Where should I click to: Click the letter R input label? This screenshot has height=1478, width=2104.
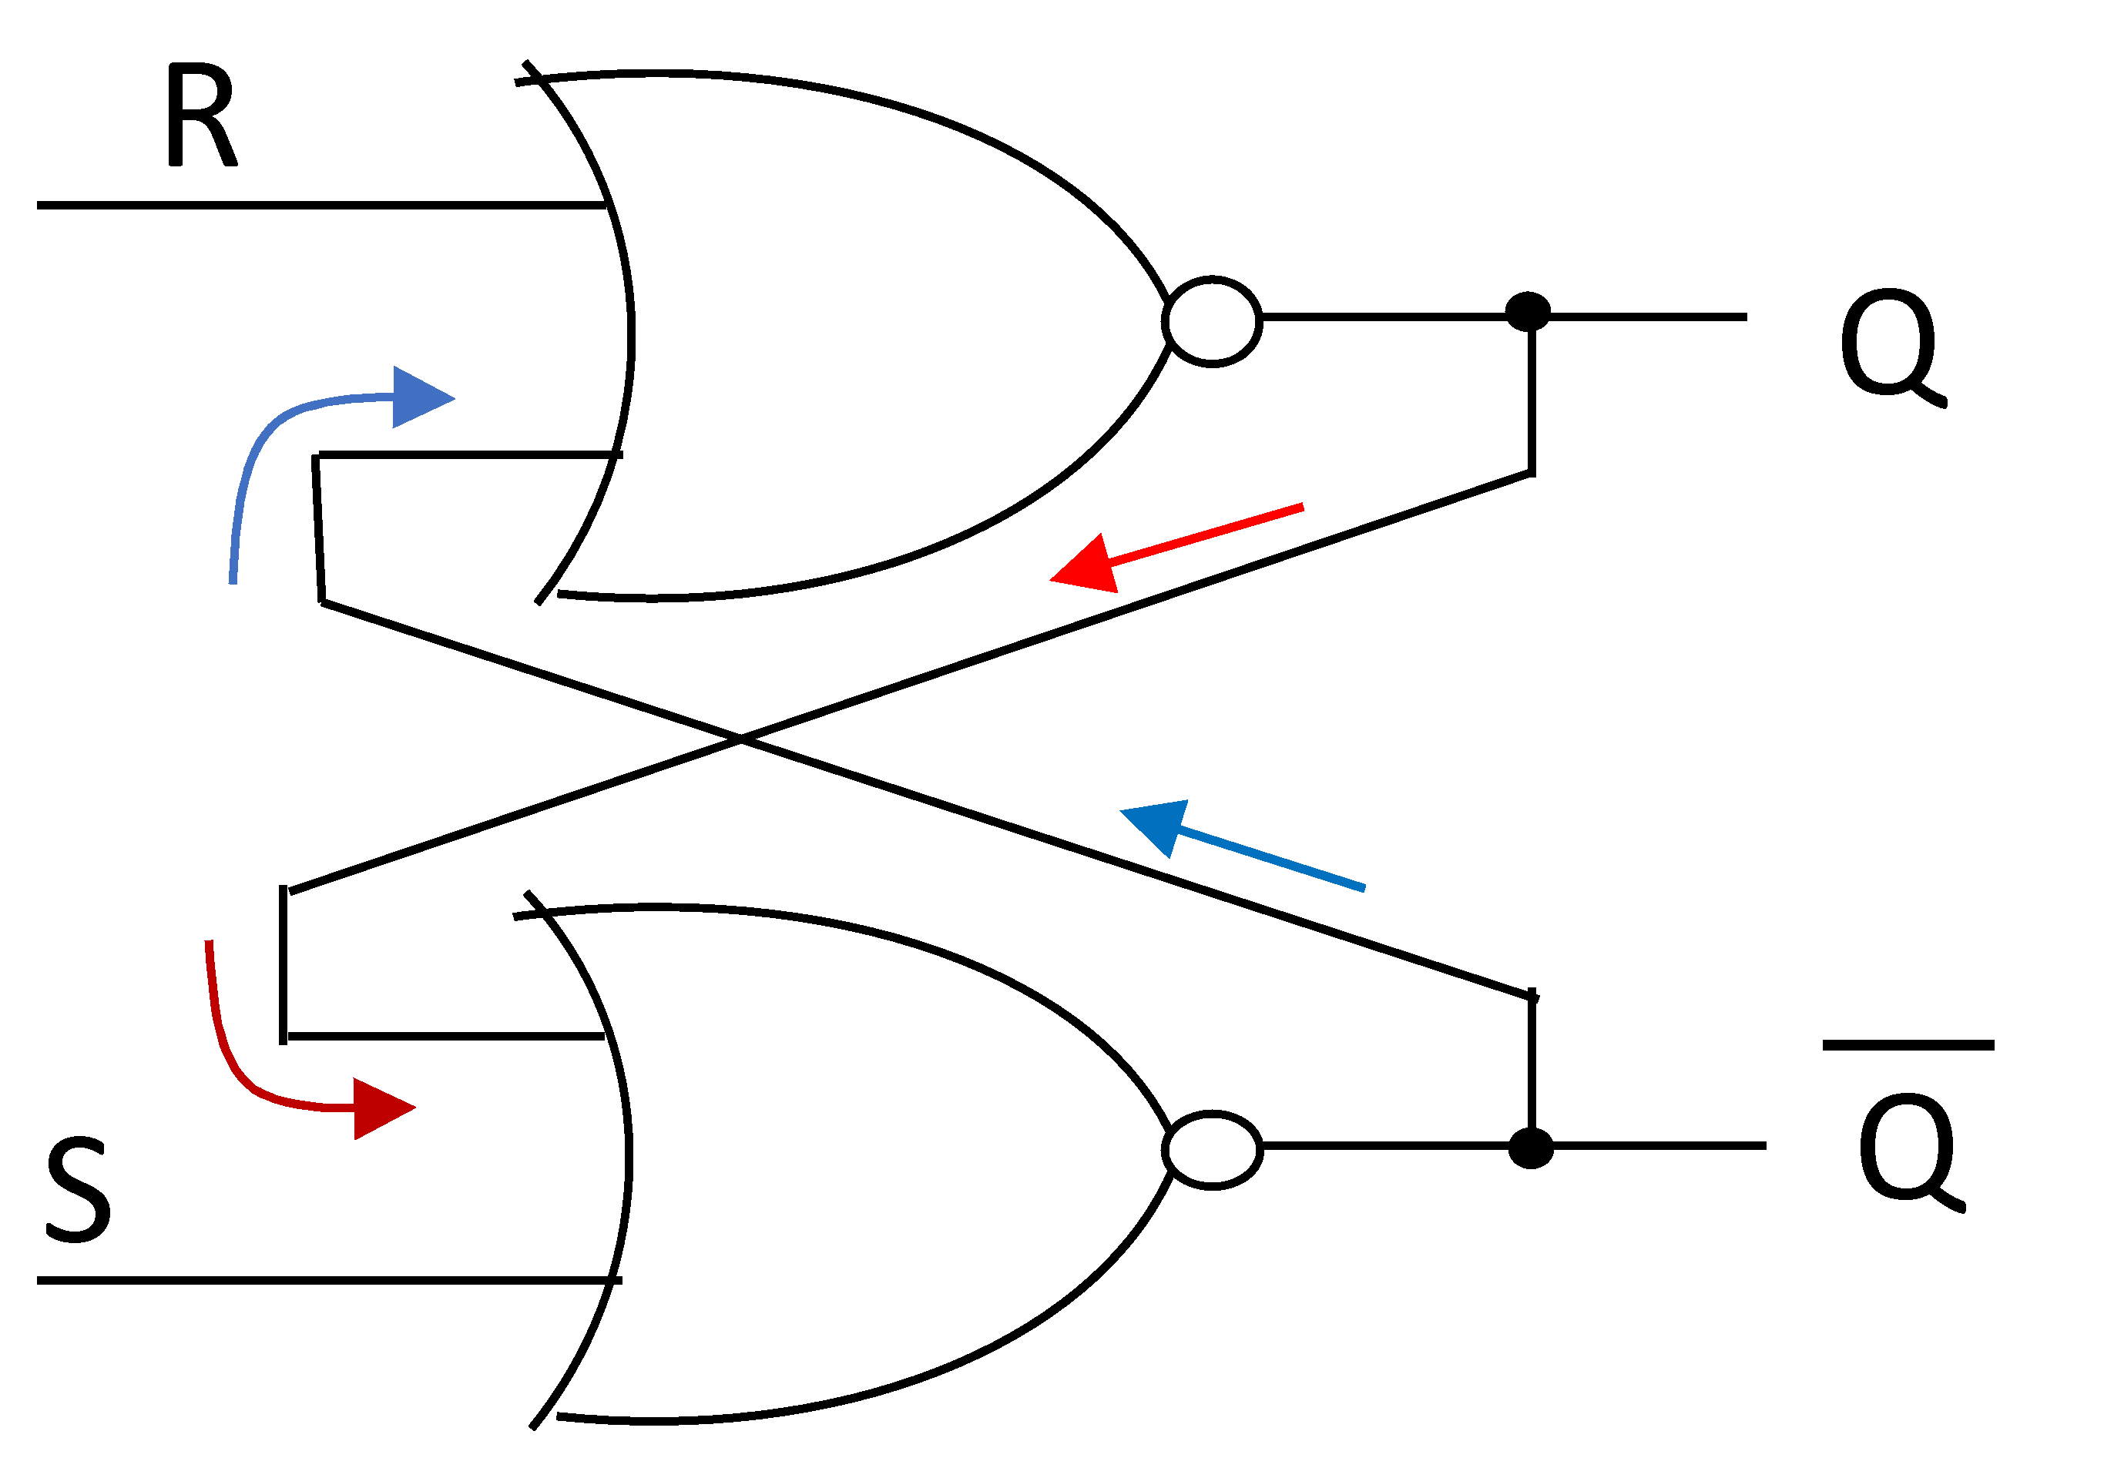(x=200, y=116)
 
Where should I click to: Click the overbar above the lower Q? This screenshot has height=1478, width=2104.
(x=1908, y=1045)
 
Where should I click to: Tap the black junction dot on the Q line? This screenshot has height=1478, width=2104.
(x=1528, y=313)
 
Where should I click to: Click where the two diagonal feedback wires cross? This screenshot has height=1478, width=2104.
(x=740, y=738)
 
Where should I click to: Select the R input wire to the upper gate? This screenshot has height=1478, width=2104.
(x=320, y=205)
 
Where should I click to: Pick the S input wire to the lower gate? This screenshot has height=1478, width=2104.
(x=320, y=1280)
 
